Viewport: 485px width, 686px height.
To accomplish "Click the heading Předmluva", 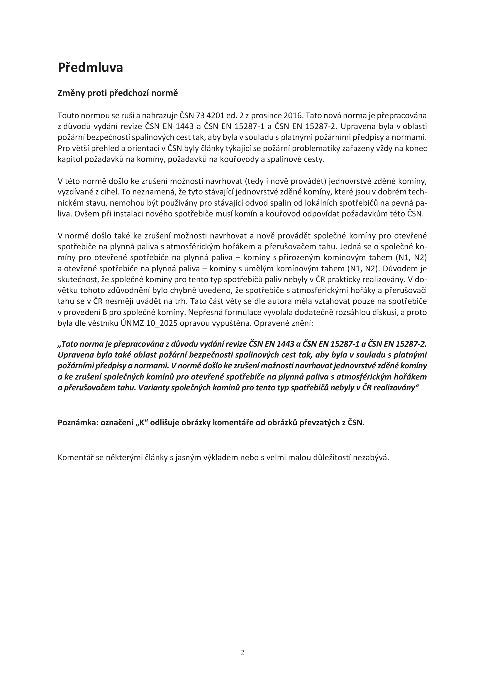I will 90,67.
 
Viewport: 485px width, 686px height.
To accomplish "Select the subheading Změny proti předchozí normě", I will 118,93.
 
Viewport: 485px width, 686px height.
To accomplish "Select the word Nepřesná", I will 203,312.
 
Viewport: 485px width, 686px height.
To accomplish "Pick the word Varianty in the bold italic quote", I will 152,388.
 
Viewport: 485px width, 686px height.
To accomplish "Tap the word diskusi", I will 385,312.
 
